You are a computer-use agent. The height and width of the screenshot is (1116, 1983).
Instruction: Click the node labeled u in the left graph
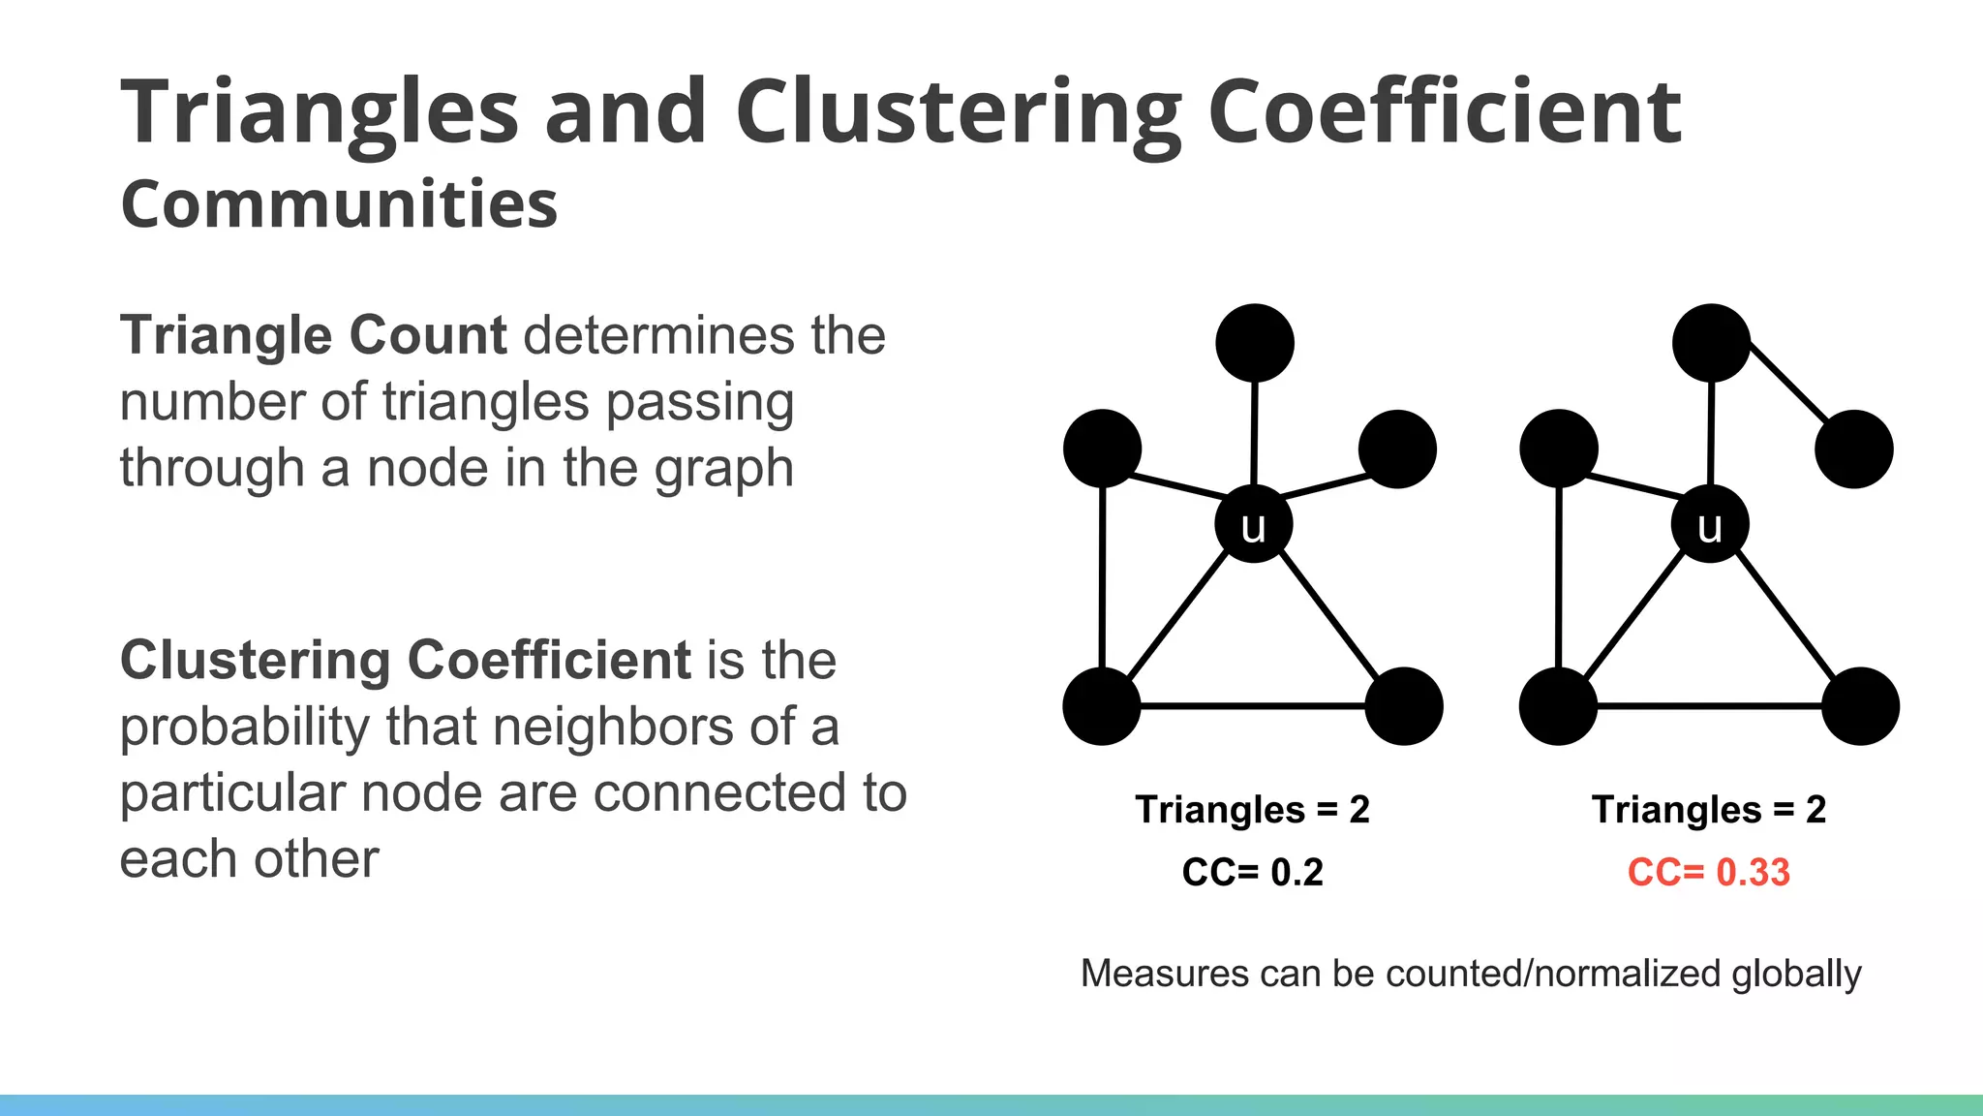tap(1254, 524)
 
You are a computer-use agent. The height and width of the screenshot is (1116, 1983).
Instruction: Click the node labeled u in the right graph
tap(1710, 524)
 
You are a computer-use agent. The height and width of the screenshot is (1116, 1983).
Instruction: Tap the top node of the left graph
tap(1255, 343)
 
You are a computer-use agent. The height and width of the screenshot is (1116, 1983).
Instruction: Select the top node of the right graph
tap(1711, 343)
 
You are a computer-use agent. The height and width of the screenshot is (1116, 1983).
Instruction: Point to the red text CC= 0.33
tap(1709, 872)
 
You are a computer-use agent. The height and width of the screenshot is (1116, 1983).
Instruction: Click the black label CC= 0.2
tap(1252, 872)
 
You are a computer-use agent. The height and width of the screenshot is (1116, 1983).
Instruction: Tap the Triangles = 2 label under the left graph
tap(1252, 809)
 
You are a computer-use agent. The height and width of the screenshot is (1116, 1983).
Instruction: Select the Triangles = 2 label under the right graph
tap(1709, 809)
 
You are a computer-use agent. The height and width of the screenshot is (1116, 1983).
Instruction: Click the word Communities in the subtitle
tap(339, 204)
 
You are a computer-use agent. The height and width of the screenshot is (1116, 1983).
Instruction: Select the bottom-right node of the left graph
tap(1404, 706)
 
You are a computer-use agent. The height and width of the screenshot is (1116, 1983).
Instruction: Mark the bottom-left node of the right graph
tap(1558, 706)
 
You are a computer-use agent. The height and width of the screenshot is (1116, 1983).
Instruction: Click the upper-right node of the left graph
tap(1397, 449)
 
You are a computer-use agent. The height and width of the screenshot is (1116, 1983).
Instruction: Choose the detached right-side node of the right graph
tap(1854, 449)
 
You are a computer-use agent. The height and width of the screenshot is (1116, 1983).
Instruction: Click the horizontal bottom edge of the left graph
tap(1253, 706)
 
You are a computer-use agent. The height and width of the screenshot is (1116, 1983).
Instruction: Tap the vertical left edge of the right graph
tap(1559, 581)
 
